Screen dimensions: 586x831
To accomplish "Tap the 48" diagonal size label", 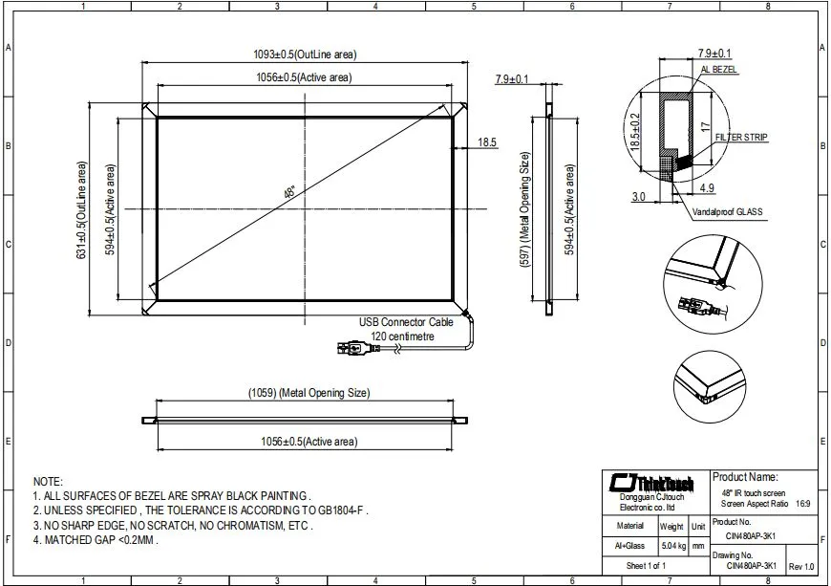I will [289, 192].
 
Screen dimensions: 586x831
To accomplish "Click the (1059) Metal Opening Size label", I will [309, 393].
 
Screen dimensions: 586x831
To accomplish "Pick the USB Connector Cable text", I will [406, 323].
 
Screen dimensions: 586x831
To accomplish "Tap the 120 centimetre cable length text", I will [403, 336].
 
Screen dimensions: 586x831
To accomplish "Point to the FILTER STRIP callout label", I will [741, 138].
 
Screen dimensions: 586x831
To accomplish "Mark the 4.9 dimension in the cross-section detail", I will [707, 188].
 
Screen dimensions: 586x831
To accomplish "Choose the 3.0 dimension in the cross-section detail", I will [638, 196].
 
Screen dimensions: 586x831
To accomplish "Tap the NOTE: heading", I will [48, 482].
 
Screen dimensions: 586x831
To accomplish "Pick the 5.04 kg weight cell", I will [671, 546].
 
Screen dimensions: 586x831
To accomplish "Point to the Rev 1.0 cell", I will [801, 567].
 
